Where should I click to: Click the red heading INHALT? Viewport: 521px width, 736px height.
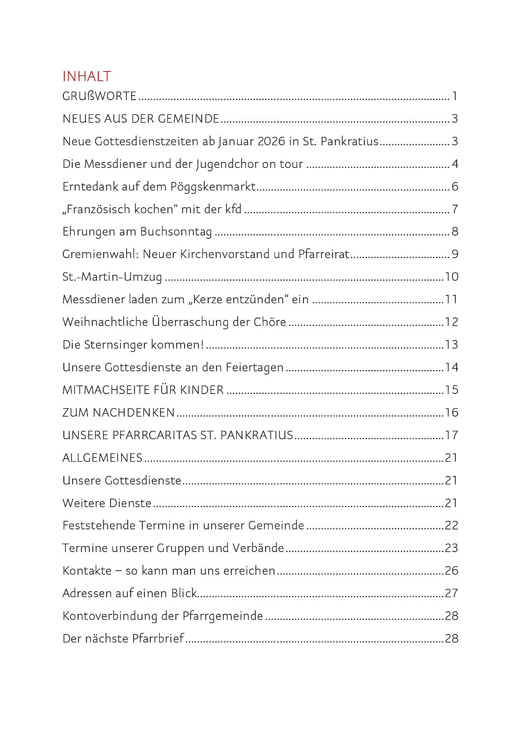point(87,77)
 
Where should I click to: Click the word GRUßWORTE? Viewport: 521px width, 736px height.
point(99,96)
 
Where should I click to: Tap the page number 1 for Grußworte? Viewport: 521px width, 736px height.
point(455,96)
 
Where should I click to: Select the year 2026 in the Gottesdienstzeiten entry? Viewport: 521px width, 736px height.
point(271,141)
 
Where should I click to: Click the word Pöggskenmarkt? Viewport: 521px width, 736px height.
point(213,187)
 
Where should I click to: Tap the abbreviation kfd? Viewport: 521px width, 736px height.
point(233,209)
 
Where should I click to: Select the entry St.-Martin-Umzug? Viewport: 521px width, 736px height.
point(112,277)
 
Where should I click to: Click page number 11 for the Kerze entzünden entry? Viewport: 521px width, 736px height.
point(451,299)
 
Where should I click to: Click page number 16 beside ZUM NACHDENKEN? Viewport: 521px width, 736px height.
point(451,413)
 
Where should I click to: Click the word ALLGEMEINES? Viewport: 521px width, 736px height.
point(102,458)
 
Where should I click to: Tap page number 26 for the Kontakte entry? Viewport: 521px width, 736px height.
point(451,571)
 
